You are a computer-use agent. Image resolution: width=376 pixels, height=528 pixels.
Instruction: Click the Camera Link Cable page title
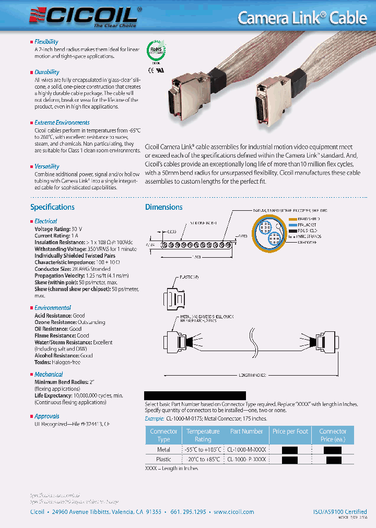(x=302, y=17)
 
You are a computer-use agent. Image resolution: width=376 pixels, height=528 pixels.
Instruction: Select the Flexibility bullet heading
(x=46, y=42)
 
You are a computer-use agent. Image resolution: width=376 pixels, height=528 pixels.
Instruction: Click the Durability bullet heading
(x=46, y=72)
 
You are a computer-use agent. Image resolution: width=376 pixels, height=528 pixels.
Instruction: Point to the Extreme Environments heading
(x=62, y=123)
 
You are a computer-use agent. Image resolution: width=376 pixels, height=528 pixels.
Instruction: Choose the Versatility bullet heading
(x=46, y=166)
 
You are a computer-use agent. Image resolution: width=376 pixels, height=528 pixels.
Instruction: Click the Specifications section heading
(x=52, y=207)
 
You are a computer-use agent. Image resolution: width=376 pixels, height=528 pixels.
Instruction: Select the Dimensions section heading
(x=163, y=207)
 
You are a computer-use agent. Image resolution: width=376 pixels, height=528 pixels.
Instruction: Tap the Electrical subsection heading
(x=45, y=221)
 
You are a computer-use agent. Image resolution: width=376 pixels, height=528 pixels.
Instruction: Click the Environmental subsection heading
(x=52, y=308)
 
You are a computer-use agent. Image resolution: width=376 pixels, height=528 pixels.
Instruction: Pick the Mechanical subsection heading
(x=49, y=375)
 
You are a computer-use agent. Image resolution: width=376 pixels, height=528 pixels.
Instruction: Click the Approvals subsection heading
(x=46, y=416)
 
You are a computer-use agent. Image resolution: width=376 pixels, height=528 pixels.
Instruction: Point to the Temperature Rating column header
(x=203, y=435)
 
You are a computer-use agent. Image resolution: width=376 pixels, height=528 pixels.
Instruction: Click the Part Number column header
(x=246, y=431)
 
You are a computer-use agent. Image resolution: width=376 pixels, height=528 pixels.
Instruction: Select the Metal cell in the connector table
(x=163, y=449)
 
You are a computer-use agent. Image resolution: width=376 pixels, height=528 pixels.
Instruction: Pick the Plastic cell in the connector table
(x=163, y=459)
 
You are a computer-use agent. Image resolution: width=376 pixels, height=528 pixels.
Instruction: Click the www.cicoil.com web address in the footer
(x=233, y=512)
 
